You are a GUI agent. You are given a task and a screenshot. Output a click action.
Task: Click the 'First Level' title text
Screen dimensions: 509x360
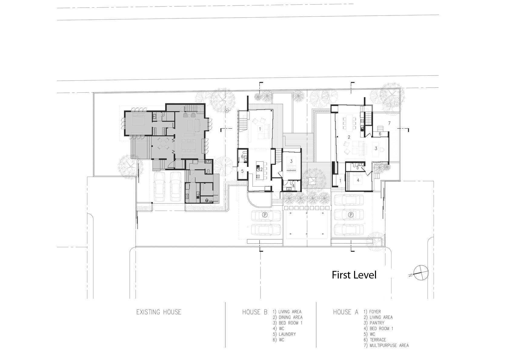(x=354, y=275)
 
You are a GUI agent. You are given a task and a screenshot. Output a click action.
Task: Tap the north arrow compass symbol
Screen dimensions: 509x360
(x=421, y=272)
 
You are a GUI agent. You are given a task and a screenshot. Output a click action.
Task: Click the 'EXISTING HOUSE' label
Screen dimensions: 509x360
(x=159, y=312)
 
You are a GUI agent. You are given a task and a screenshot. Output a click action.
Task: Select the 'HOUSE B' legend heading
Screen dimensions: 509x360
(x=255, y=312)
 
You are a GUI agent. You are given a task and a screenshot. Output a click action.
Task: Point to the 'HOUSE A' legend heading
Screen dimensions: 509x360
(x=346, y=312)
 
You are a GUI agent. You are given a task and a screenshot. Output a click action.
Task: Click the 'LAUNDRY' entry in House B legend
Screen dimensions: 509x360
(x=287, y=334)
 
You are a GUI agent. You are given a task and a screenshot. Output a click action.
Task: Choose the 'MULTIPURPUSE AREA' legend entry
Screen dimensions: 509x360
(x=389, y=345)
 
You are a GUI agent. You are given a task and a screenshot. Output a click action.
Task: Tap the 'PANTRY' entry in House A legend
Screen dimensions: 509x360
(x=377, y=323)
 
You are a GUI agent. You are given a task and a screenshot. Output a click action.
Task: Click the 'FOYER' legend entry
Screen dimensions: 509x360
(x=375, y=312)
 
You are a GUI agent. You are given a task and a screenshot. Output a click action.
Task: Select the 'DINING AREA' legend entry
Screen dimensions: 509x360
(x=291, y=317)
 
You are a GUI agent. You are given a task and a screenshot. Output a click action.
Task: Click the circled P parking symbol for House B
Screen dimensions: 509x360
(x=265, y=215)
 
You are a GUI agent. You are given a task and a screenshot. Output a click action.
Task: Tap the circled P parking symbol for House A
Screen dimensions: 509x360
(x=351, y=215)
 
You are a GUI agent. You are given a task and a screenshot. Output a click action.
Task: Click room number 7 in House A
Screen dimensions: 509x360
(x=389, y=123)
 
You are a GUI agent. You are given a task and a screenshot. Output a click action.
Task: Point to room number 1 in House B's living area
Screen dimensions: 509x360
(x=260, y=129)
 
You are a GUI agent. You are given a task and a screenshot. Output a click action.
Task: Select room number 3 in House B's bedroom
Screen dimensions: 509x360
(x=291, y=161)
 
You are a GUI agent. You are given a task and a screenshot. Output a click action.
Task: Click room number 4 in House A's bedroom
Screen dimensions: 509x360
(x=358, y=180)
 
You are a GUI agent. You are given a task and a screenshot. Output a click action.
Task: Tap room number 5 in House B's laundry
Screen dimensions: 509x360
(x=242, y=171)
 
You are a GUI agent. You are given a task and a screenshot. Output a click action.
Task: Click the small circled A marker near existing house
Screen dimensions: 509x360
(x=227, y=111)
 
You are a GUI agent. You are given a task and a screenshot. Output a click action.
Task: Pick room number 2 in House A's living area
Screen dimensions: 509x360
(x=349, y=137)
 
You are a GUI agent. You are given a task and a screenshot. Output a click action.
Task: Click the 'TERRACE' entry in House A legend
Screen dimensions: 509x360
(x=378, y=340)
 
